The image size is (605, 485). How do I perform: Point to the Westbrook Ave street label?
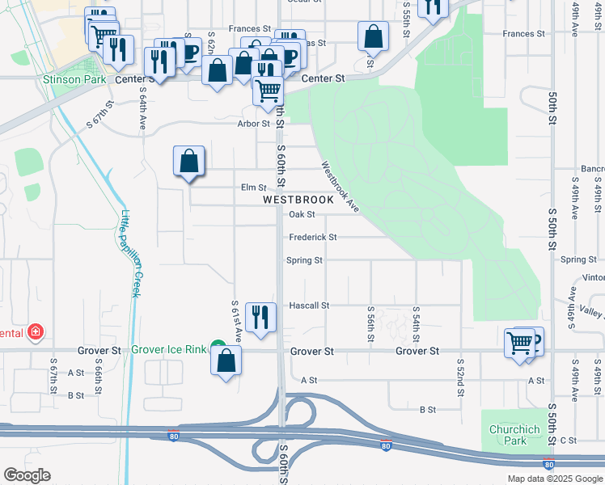[x=340, y=187]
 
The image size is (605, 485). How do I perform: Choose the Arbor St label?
[x=253, y=124]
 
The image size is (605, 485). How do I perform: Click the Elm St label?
[x=253, y=188]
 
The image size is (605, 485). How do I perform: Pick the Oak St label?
[x=301, y=214]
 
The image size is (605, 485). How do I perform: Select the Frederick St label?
[x=312, y=237]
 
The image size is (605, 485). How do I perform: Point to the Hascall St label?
[x=309, y=306]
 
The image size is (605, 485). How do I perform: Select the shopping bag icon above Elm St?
[x=188, y=160]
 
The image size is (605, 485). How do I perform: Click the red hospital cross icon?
[x=35, y=331]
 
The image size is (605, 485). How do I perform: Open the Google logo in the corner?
[x=27, y=475]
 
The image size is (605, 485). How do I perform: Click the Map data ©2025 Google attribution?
[x=554, y=479]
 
